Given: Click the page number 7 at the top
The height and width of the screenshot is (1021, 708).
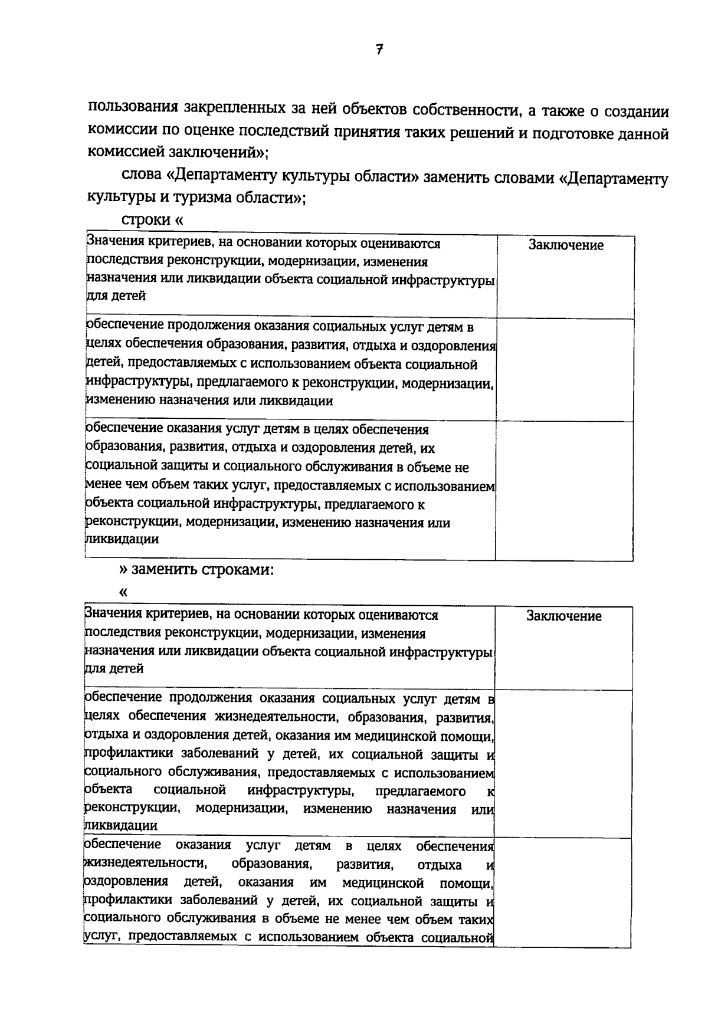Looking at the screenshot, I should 379,50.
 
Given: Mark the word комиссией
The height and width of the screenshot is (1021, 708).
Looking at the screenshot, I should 126,152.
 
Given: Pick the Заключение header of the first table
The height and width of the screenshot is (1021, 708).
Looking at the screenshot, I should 566,245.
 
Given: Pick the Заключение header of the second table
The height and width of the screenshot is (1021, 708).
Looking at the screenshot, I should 564,616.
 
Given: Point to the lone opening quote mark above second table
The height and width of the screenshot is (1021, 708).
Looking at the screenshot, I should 123,592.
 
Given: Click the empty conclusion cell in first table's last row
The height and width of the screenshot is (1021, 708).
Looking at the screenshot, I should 564,490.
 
